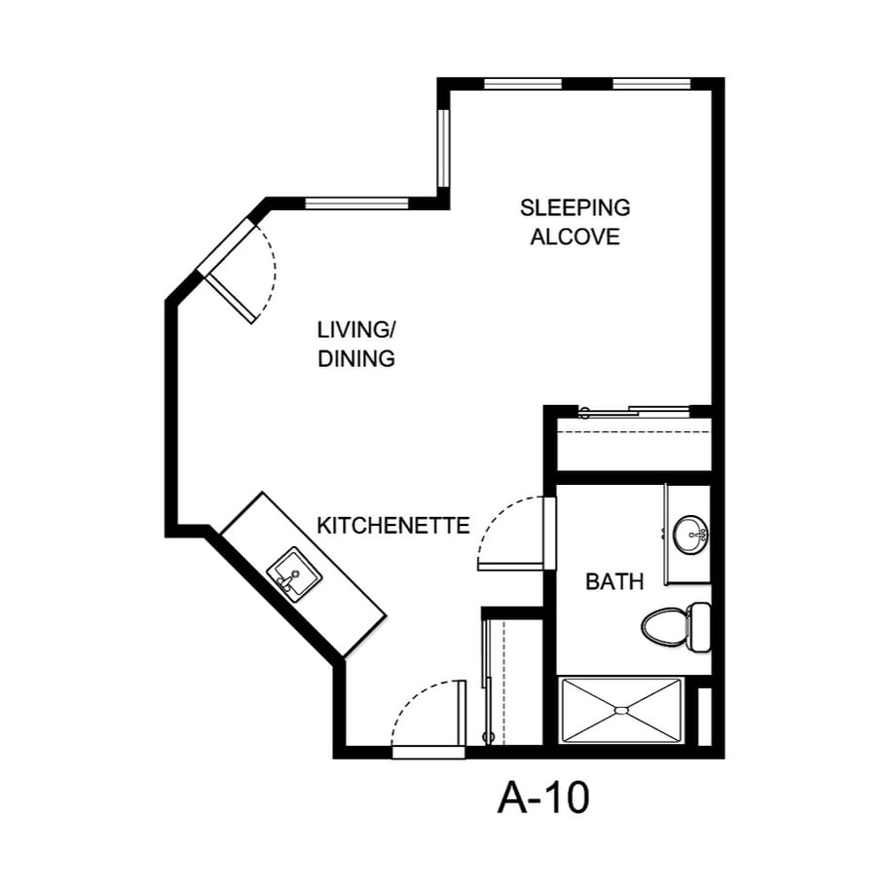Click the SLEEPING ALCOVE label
pyautogui.click(x=574, y=222)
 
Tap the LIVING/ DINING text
pyautogui.click(x=356, y=343)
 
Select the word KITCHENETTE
pyautogui.click(x=393, y=526)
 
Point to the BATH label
pyautogui.click(x=614, y=582)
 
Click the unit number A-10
pyautogui.click(x=543, y=798)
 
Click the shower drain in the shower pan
pyautogui.click(x=620, y=711)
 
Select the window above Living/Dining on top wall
pyautogui.click(x=356, y=203)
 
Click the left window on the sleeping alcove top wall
pyautogui.click(x=522, y=84)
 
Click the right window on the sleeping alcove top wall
pyautogui.click(x=651, y=84)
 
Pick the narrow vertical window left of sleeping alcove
pyautogui.click(x=443, y=146)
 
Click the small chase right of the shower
pyautogui.click(x=705, y=716)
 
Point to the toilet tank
pyautogui.click(x=700, y=627)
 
